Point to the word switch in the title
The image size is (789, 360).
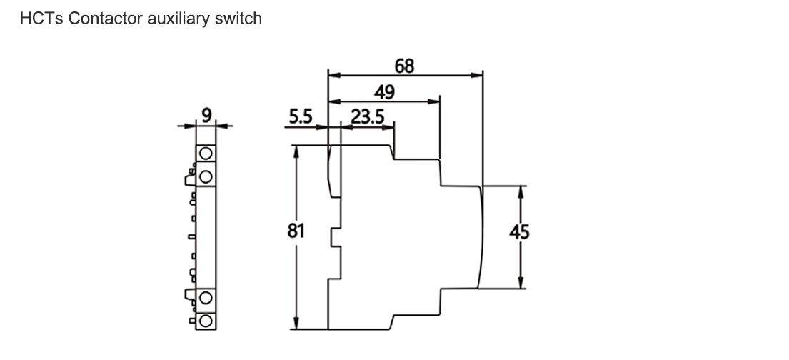(x=238, y=19)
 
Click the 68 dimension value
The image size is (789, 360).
(x=404, y=66)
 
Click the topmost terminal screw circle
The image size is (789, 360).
(x=206, y=153)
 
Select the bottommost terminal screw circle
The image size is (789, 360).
(x=206, y=319)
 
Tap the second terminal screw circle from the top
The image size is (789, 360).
(x=206, y=175)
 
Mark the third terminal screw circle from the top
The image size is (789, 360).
(x=206, y=298)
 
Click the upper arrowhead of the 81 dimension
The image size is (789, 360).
(x=295, y=150)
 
